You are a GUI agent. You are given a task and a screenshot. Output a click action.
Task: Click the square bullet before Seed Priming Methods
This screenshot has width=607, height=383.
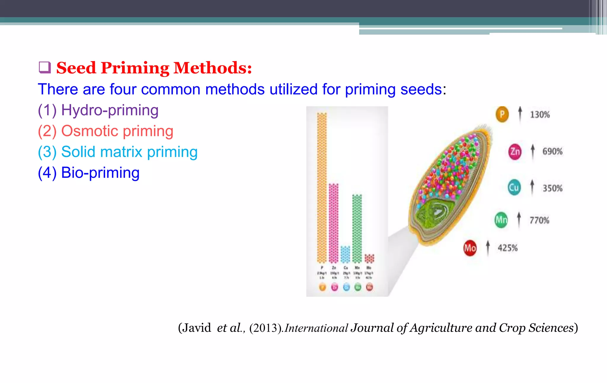click(45, 68)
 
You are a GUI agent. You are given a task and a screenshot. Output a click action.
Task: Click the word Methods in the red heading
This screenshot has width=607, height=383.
click(213, 68)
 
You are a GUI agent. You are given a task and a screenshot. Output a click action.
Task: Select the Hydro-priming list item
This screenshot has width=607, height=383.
click(98, 110)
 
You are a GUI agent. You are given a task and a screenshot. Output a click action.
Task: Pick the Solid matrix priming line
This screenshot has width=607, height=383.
click(118, 152)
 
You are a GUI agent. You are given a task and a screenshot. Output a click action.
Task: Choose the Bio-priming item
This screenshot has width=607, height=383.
click(89, 173)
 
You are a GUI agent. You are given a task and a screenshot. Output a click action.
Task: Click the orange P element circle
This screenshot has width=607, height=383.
click(502, 114)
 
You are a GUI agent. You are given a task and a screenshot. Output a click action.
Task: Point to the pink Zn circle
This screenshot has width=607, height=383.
click(515, 152)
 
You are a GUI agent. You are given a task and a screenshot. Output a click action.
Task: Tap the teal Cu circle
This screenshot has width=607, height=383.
click(514, 188)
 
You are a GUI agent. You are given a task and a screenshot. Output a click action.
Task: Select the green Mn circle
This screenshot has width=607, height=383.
click(501, 220)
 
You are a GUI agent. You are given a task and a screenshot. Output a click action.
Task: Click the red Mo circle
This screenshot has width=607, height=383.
click(470, 248)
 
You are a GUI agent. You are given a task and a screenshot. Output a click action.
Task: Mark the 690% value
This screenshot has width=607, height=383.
click(552, 151)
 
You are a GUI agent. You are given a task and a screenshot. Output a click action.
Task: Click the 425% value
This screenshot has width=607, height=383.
click(507, 248)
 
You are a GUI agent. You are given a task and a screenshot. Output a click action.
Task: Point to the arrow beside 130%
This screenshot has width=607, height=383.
click(520, 114)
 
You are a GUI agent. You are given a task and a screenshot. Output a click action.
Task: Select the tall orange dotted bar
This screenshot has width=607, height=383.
click(322, 187)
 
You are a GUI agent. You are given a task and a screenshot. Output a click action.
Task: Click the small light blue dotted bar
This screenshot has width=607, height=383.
click(345, 254)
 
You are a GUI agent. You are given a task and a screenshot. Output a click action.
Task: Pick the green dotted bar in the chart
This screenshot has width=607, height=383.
click(357, 228)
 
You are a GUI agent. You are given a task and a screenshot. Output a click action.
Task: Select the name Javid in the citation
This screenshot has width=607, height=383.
click(196, 328)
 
